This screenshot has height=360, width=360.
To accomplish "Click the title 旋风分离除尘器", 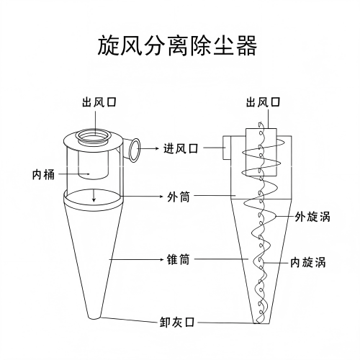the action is (x=177, y=45).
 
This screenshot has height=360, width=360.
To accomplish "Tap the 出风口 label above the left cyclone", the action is (x=99, y=102).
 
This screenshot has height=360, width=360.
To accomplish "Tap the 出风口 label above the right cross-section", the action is (x=264, y=102).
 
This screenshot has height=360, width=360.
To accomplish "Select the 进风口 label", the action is (x=181, y=148).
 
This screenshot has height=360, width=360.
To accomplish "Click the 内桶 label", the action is (x=43, y=174).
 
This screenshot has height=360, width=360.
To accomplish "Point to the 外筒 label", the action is (x=179, y=197).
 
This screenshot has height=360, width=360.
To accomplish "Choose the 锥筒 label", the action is (x=178, y=259).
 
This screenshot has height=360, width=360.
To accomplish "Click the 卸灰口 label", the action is (x=177, y=322).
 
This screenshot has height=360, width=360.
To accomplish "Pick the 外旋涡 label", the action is (x=312, y=217).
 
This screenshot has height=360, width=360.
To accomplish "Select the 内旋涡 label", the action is (x=308, y=262).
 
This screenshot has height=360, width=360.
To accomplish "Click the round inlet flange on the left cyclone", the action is (x=135, y=150).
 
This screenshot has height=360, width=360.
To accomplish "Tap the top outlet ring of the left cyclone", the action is (x=93, y=136).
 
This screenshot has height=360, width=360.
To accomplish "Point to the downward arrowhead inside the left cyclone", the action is (x=94, y=199).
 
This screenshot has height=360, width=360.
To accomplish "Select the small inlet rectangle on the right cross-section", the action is (x=227, y=148).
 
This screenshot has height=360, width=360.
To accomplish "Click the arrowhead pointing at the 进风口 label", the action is (x=157, y=148).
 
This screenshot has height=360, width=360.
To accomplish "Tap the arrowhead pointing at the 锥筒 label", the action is (x=163, y=259).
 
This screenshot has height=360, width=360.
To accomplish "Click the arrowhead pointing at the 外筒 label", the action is (x=161, y=197).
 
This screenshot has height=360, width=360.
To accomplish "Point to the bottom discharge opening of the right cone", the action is (x=261, y=323).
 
